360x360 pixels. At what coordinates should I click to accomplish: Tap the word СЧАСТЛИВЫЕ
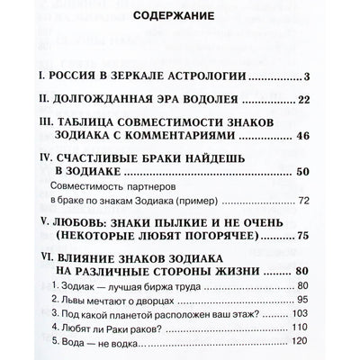(128, 192)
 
